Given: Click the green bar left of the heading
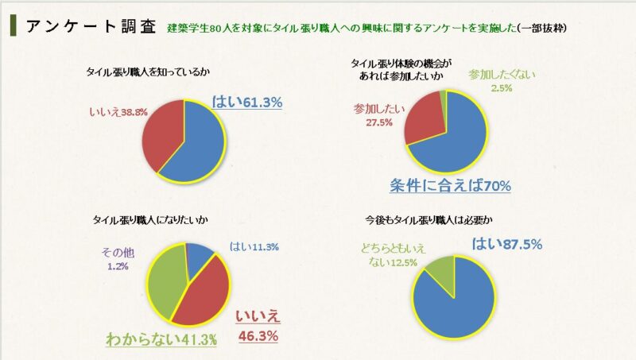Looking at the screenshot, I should (13, 24).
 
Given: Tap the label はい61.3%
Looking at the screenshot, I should (248, 102).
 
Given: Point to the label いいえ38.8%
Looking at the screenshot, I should (117, 113).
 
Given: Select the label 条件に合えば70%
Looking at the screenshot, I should (449, 186).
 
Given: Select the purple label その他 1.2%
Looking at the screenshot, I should (118, 259).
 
